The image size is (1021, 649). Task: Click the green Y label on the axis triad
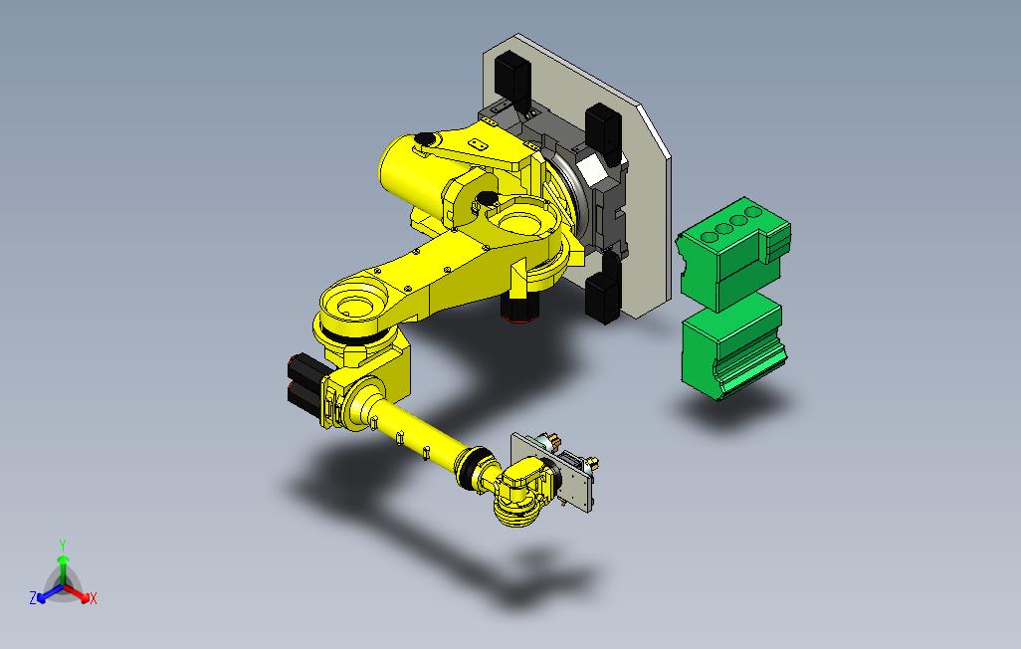[63, 544]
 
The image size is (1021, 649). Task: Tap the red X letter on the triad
[94, 598]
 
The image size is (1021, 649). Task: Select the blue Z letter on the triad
[33, 597]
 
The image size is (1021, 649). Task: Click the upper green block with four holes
[733, 253]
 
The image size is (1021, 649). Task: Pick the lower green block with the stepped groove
[733, 347]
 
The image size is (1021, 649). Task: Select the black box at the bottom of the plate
[603, 298]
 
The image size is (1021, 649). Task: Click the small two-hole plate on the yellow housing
[479, 144]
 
